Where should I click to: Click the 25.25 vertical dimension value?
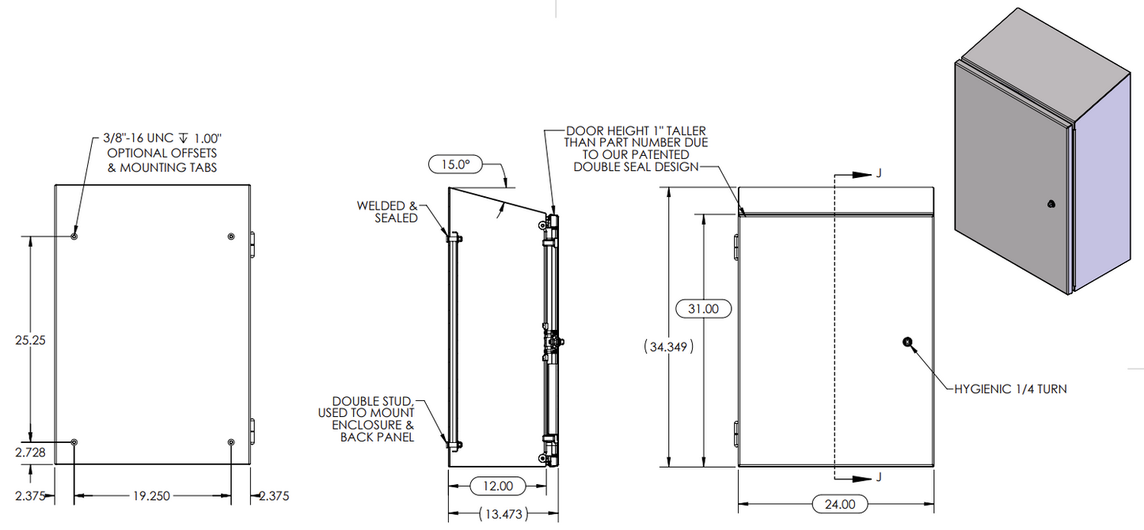30,341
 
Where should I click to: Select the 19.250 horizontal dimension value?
150,496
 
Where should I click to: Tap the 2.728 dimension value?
30,452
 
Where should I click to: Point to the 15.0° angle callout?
454,165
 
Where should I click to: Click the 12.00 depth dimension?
498,486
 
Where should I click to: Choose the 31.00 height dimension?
703,309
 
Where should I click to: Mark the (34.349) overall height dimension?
668,346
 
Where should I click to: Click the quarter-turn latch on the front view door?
906,342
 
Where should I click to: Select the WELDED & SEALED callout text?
387,211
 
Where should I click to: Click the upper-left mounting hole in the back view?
74,236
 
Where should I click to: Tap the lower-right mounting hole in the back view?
230,442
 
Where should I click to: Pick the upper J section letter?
878,173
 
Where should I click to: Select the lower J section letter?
878,478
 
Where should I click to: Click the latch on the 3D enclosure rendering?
1051,205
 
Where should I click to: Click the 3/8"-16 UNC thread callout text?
162,139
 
